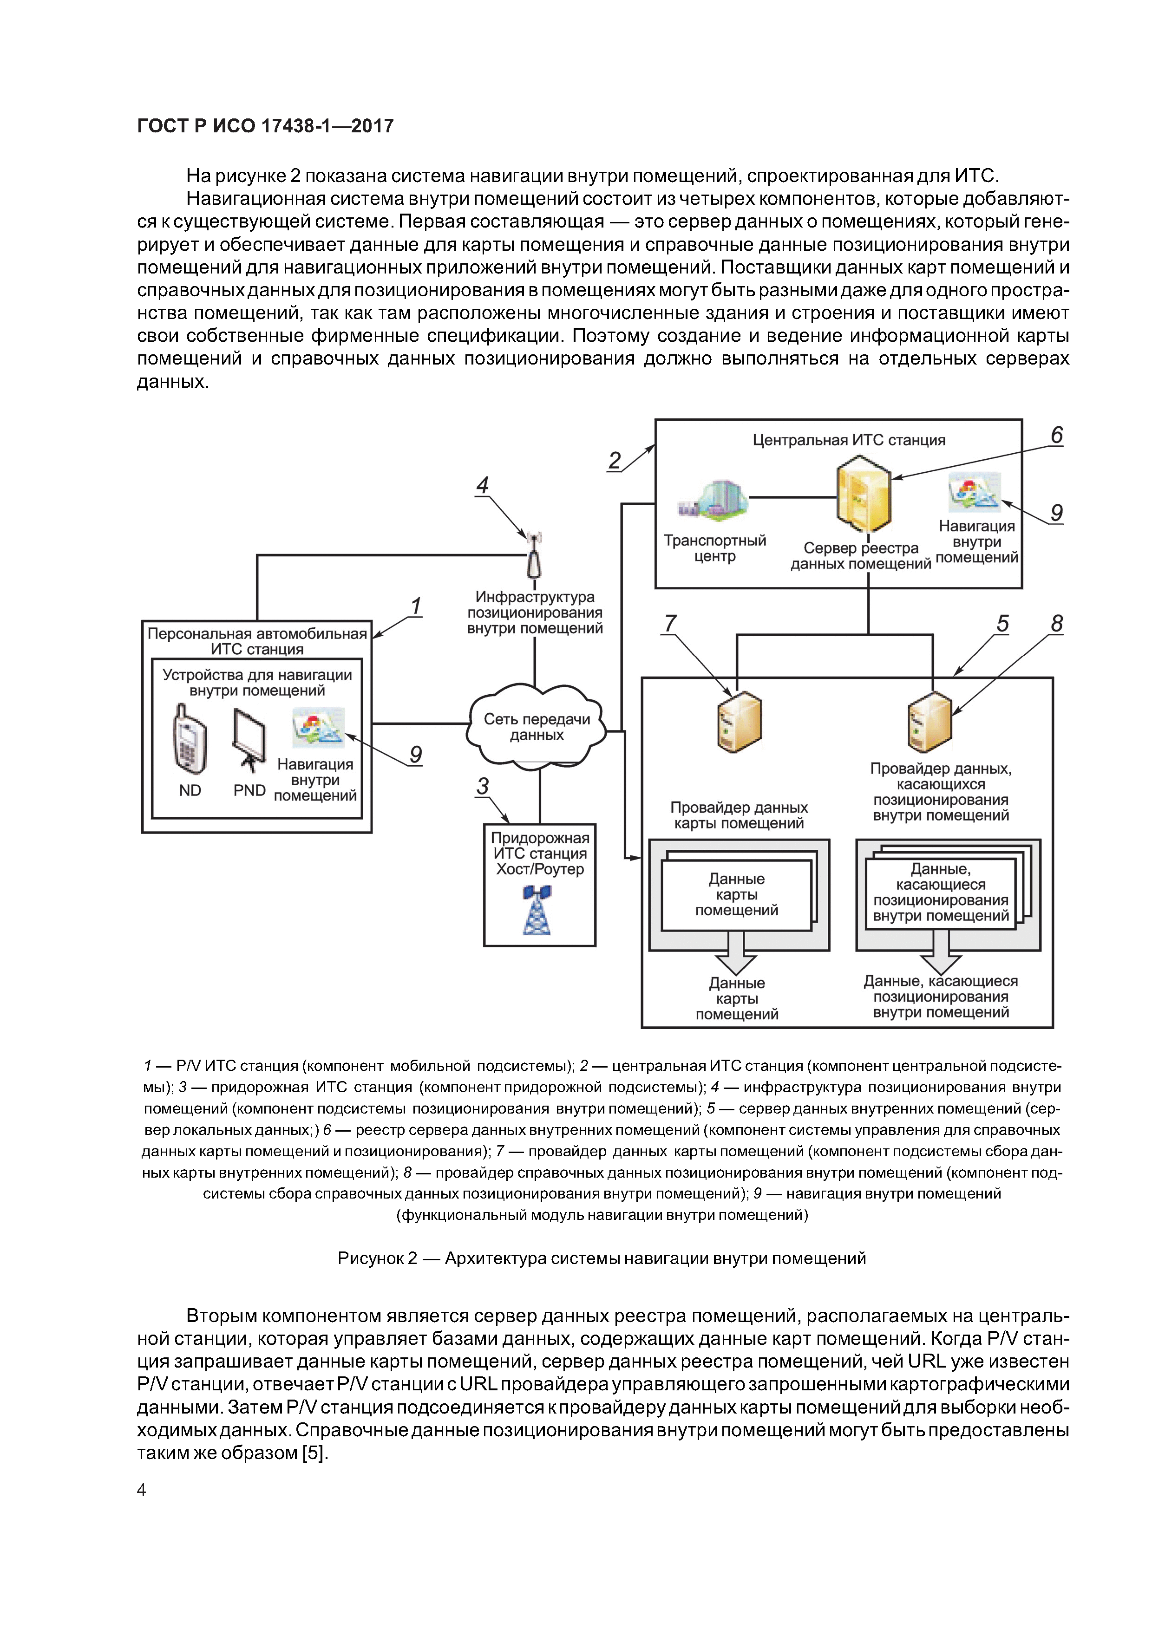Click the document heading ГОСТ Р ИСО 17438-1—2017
tap(265, 126)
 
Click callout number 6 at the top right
tap(1056, 436)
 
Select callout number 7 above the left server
tap(669, 623)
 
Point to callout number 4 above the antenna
tap(483, 485)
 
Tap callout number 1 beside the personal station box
tap(416, 606)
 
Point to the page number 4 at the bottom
tap(141, 1490)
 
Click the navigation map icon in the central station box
tap(974, 491)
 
